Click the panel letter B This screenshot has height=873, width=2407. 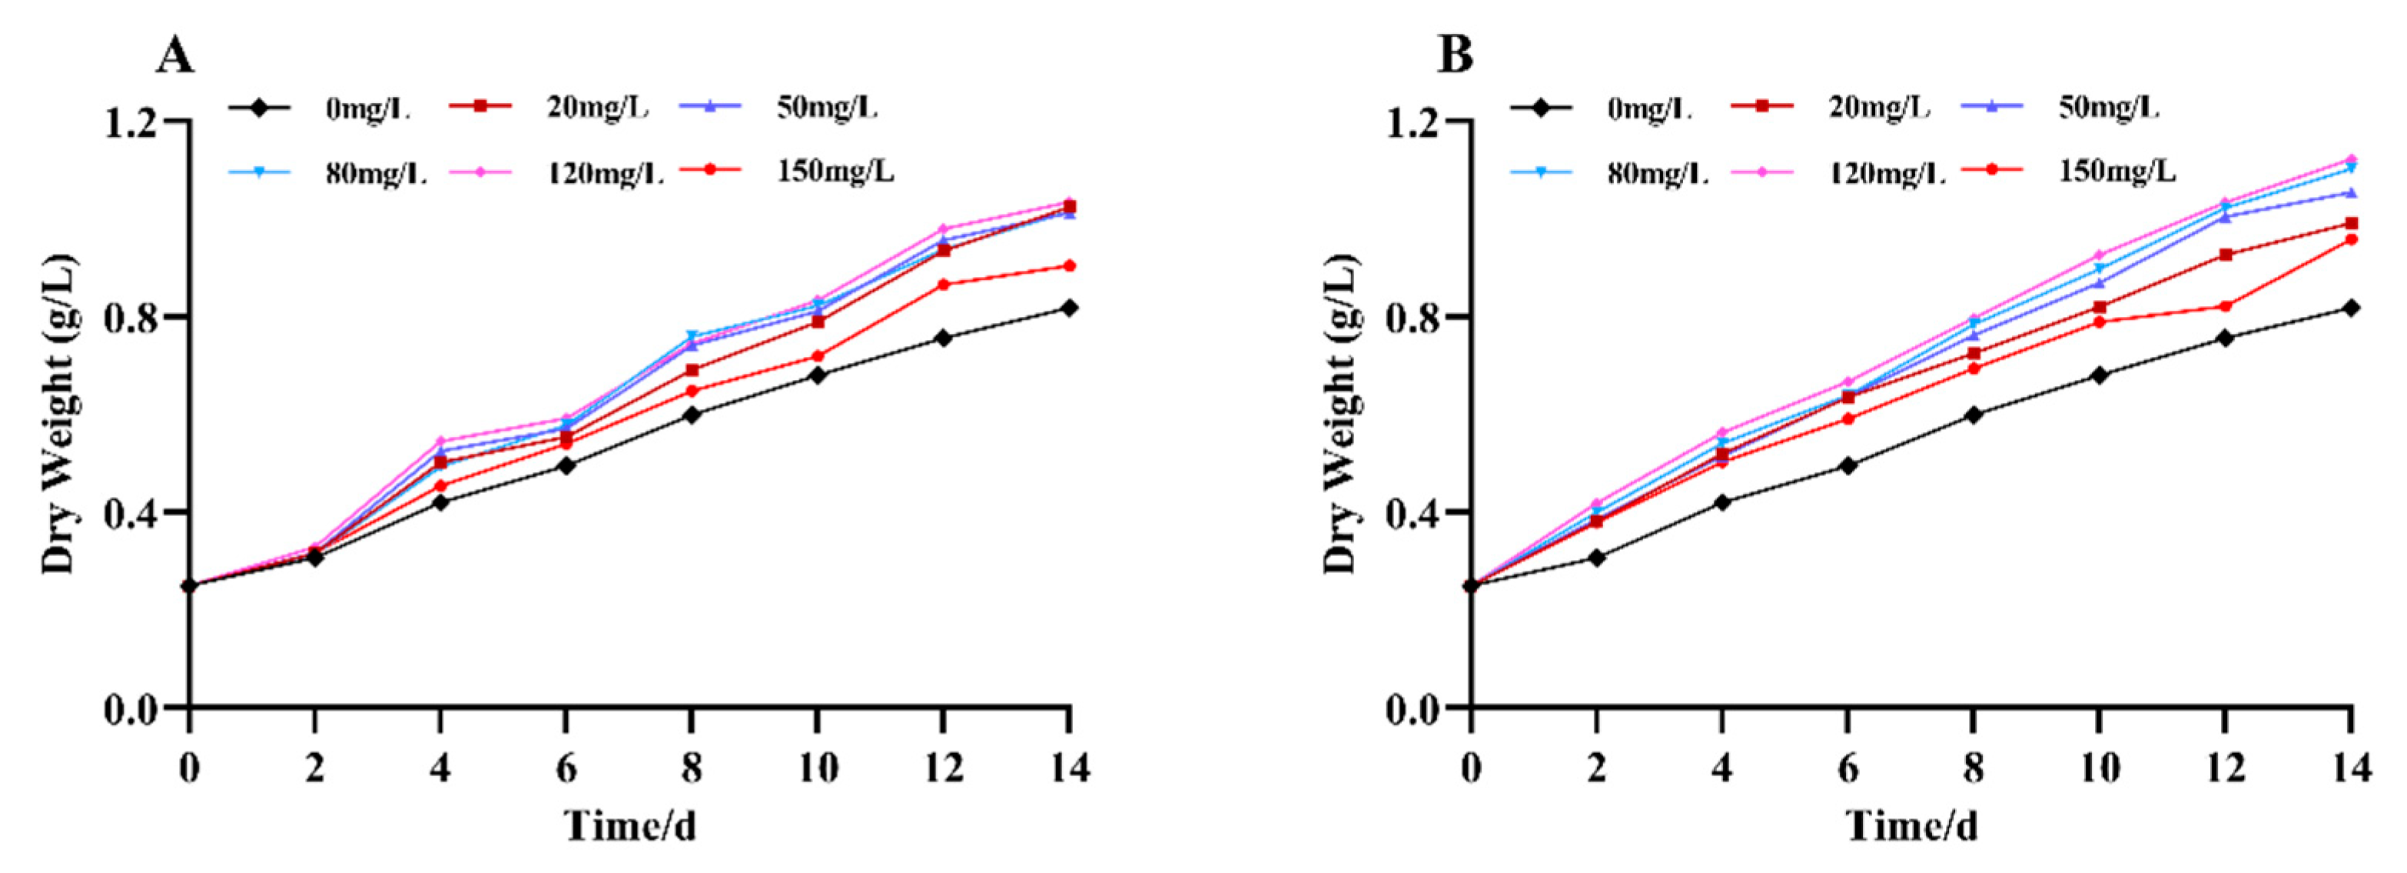tap(1455, 56)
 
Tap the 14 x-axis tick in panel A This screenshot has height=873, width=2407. tap(1068, 768)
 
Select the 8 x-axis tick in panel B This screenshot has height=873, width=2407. tap(1974, 768)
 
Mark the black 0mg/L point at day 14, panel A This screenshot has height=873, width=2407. tap(1069, 308)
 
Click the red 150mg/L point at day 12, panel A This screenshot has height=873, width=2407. tap(943, 284)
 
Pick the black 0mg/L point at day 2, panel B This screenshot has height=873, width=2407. tap(1597, 558)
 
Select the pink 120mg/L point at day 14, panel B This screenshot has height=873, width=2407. tap(2351, 159)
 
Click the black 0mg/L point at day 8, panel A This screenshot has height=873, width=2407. tap(692, 414)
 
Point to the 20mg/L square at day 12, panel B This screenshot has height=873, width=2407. tap(2225, 255)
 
